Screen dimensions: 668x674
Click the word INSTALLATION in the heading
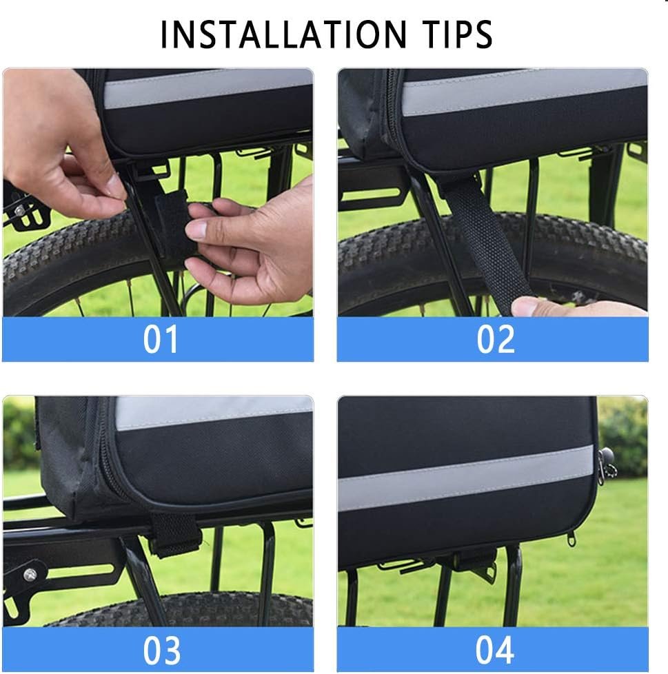283,34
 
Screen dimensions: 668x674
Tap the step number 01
161,339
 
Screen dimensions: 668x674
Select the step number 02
495,339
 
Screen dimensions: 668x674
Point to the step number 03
161,651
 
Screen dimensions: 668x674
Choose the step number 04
494,651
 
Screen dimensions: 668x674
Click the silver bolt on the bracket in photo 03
30,573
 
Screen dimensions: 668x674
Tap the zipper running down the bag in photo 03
105,456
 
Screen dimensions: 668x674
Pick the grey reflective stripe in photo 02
525,92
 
